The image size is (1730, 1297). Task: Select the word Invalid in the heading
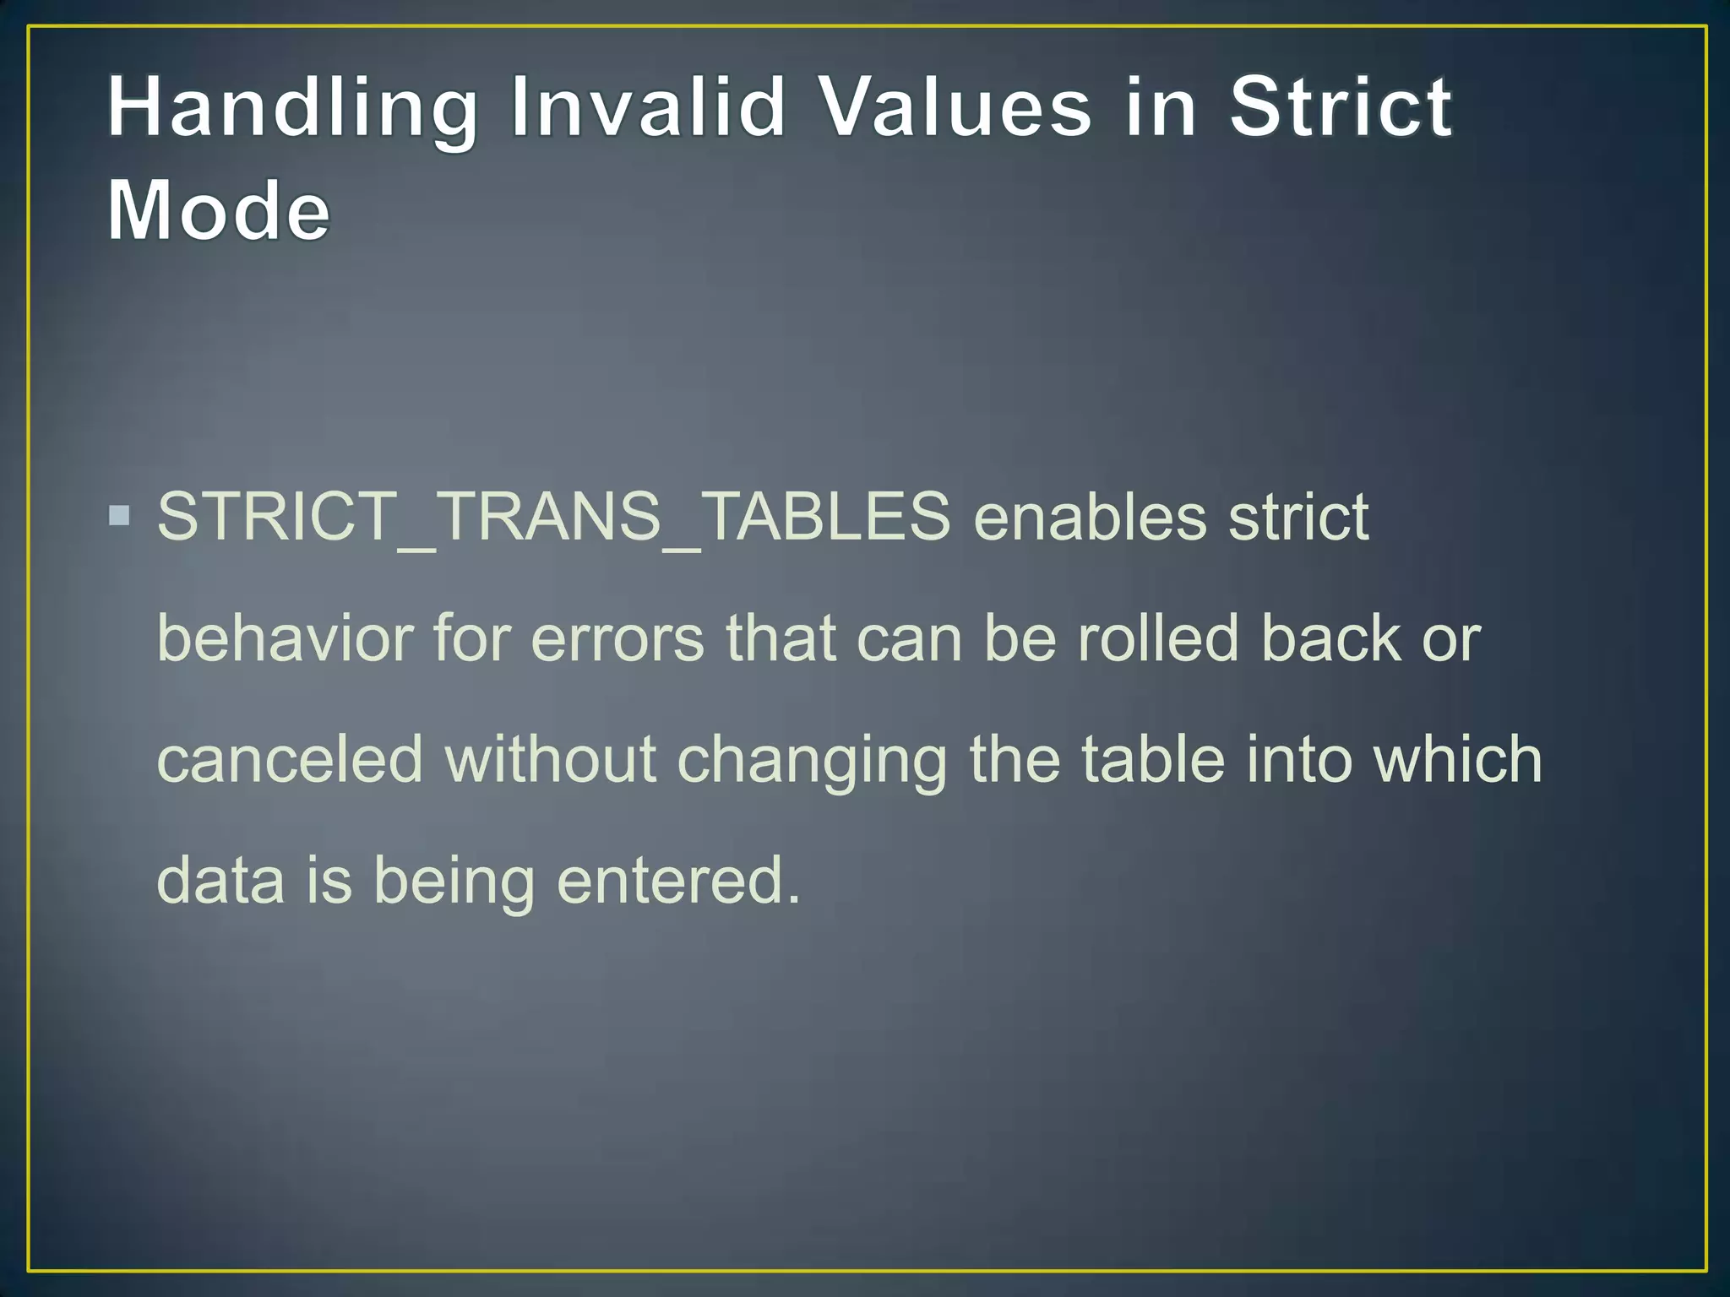point(649,107)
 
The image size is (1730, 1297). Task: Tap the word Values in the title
point(956,107)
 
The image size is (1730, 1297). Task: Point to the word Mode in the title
point(218,210)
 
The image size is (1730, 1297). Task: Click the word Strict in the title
point(1341,107)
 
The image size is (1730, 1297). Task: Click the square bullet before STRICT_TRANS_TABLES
point(120,515)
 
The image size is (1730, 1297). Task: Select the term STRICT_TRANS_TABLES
point(553,516)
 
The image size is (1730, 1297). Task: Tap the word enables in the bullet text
point(1090,516)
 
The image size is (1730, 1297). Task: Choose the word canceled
point(290,759)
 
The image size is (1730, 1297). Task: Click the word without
point(550,759)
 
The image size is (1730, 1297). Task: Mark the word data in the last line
point(220,881)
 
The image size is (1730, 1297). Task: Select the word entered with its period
point(678,881)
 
